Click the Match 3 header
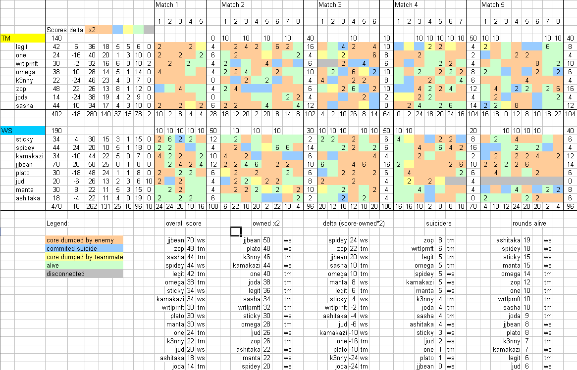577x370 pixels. pos(330,5)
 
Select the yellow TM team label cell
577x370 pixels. pos(23,38)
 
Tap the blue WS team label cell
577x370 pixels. pos(23,131)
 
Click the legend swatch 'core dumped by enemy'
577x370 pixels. pos(84,240)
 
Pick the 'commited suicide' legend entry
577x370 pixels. pos(84,248)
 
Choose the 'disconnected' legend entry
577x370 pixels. pos(84,274)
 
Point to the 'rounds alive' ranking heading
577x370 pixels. pos(529,223)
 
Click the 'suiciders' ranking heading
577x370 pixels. pos(439,223)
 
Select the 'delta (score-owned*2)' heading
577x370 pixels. pos(354,223)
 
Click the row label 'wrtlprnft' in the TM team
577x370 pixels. pos(29,63)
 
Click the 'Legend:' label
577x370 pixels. pos(58,223)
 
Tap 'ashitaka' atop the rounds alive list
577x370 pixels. pos(508,240)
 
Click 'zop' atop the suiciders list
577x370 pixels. pos(429,240)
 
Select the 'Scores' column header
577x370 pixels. pos(56,30)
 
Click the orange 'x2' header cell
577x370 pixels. pos(92,30)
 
